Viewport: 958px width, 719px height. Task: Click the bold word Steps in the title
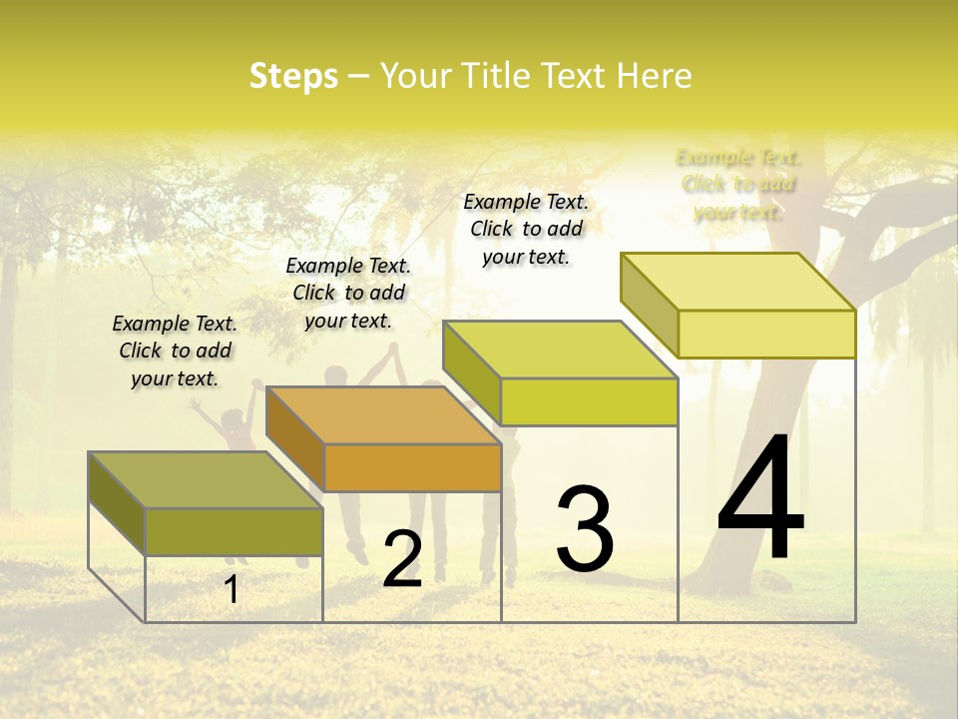(x=293, y=76)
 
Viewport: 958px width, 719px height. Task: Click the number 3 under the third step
(x=585, y=528)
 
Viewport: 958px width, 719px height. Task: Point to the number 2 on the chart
(x=402, y=559)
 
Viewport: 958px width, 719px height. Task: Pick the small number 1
(x=232, y=589)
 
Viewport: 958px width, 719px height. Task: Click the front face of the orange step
(x=412, y=467)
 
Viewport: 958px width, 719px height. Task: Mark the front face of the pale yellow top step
(x=766, y=334)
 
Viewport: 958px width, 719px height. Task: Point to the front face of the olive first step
(x=234, y=531)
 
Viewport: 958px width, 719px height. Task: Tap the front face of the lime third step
(x=589, y=401)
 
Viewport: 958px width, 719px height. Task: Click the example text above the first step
(x=175, y=351)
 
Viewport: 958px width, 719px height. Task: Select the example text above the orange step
(x=348, y=293)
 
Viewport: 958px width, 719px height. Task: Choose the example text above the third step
(x=526, y=229)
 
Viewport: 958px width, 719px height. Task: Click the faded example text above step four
(x=738, y=184)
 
